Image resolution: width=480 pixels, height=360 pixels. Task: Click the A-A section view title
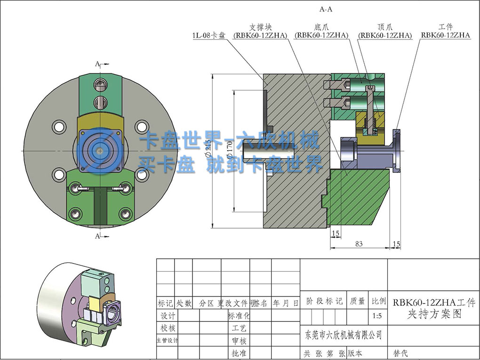point(326,9)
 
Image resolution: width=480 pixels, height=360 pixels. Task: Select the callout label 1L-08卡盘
point(209,35)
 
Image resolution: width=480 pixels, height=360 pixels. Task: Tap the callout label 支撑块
point(261,28)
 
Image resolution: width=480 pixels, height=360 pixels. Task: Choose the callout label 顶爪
point(384,28)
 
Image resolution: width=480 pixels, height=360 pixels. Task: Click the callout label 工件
point(445,28)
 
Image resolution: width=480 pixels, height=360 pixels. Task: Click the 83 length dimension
point(359,243)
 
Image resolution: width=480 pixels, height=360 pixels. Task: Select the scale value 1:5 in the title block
point(377,316)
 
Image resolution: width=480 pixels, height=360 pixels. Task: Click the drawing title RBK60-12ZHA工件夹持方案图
point(434,308)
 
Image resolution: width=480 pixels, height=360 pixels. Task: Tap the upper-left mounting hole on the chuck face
point(59,127)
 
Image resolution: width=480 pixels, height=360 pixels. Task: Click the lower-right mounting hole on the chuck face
point(142,175)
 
